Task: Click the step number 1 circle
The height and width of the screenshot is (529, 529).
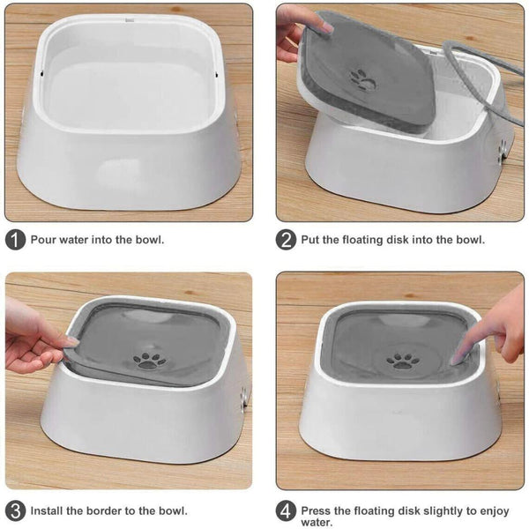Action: click(15, 240)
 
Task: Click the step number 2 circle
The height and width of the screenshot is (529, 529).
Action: click(286, 240)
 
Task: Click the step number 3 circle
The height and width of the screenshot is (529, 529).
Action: click(15, 510)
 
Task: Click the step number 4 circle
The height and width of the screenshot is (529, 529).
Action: click(286, 510)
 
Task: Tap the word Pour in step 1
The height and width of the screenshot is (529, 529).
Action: click(44, 240)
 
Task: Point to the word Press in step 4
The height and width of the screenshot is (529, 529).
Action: click(317, 510)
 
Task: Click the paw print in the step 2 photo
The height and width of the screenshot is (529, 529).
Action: click(363, 78)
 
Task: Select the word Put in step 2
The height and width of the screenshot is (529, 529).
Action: click(311, 240)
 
